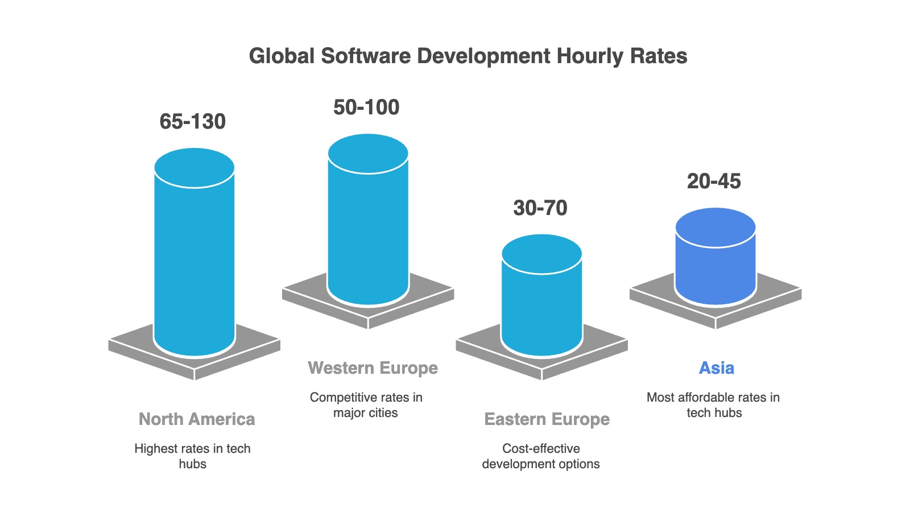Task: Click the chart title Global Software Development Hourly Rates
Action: [468, 56]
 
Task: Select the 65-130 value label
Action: [193, 122]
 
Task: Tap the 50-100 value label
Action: [366, 108]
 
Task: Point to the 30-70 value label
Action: [540, 208]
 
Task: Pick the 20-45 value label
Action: [714, 181]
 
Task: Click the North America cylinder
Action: [195, 262]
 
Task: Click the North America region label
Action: [197, 419]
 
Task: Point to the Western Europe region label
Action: [373, 368]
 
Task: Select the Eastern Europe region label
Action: [547, 419]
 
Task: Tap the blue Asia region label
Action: [716, 368]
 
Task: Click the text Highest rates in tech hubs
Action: [192, 456]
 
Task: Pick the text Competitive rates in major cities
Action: [366, 404]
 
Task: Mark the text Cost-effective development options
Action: [541, 456]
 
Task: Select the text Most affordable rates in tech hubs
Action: [713, 404]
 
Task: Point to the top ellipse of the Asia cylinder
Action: [715, 228]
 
